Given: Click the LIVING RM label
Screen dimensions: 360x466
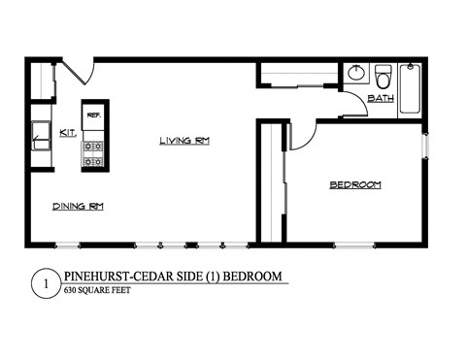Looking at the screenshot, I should click(184, 141).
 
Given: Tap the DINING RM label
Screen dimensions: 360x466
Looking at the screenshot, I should click(79, 206).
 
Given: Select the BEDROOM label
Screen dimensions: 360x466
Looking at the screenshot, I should click(354, 184).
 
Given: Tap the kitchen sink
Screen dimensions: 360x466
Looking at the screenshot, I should click(41, 137).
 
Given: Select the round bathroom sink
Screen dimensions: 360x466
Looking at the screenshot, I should click(356, 73).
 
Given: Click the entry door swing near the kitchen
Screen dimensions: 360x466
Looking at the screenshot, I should click(77, 71).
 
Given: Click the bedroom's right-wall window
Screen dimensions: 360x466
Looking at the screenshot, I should click(423, 144).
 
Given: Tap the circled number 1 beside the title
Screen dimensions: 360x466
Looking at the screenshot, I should click(41, 283).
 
